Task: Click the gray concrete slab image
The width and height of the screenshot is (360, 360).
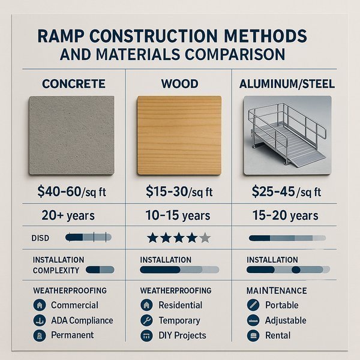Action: (71, 136)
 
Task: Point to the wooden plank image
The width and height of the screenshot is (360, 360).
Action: (178, 136)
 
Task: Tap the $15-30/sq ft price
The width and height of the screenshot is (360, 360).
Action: (178, 193)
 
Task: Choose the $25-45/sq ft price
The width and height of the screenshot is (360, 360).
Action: (286, 193)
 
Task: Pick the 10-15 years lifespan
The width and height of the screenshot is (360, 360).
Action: (178, 215)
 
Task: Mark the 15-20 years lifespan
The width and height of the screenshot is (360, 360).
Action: (286, 215)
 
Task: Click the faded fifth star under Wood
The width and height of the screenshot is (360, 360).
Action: (205, 238)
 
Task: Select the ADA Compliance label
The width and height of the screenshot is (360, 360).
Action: (81, 320)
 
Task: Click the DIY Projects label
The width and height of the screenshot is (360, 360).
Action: (182, 335)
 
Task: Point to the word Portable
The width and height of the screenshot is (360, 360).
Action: (281, 305)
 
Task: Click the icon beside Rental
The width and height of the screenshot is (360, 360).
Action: (253, 335)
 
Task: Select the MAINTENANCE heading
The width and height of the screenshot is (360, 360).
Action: (277, 291)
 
